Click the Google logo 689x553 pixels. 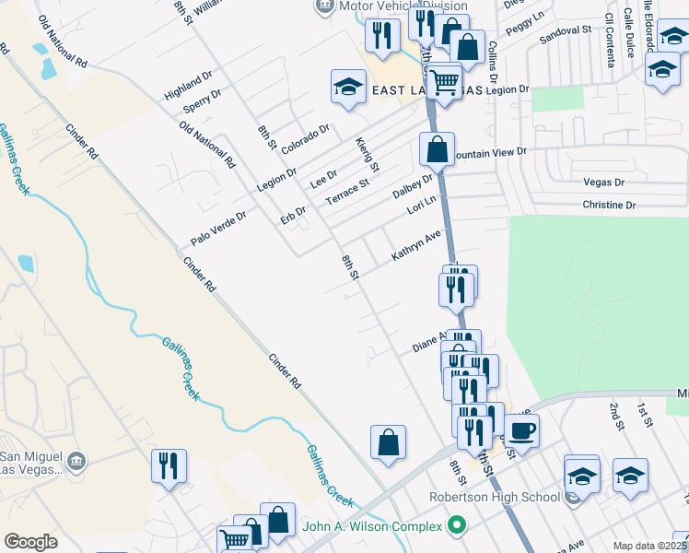pyautogui.click(x=30, y=542)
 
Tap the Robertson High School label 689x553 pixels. pyautogui.click(x=495, y=498)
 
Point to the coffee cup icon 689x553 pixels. pyautogui.click(x=521, y=429)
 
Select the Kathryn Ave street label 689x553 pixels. pyautogui.click(x=416, y=246)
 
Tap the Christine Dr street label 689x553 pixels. pyautogui.click(x=609, y=205)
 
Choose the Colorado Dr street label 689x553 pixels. pyautogui.click(x=306, y=139)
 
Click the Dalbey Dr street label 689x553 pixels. pyautogui.click(x=412, y=185)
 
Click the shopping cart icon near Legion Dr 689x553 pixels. pyautogui.click(x=445, y=81)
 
